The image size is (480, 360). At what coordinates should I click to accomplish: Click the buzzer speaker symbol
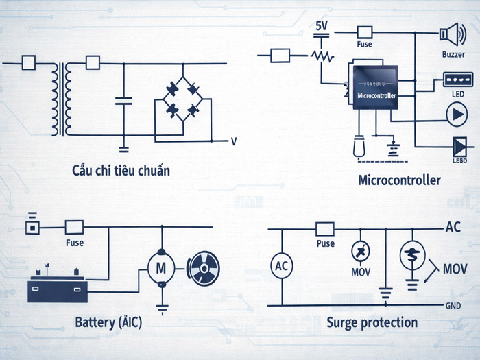coord(450,32)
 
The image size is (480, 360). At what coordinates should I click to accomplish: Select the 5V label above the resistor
coord(321,26)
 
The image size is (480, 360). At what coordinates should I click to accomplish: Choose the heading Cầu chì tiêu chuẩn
coord(121,169)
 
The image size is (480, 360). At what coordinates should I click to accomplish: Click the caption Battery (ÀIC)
coord(108,322)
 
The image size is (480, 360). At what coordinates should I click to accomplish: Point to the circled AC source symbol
coord(282,267)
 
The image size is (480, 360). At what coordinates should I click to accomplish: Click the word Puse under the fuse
coord(325,243)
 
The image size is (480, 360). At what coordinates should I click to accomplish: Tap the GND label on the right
coord(453,305)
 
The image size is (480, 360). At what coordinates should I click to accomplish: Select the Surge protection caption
coord(372,322)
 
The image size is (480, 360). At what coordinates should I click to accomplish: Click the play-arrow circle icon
coord(455,113)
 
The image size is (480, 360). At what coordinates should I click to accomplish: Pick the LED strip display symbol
coord(455,80)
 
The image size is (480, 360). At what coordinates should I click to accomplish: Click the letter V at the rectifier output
coord(234,141)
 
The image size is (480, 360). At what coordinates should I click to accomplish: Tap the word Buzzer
coord(453,53)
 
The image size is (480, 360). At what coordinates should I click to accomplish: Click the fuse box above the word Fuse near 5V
coord(365,32)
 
